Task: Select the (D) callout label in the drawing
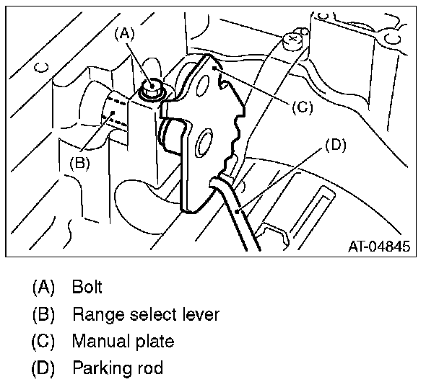click(336, 144)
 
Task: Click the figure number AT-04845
click(379, 246)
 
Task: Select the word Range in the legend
click(92, 314)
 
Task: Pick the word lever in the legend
click(200, 314)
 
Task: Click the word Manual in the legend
click(96, 341)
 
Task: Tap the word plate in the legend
click(154, 341)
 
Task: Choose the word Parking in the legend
click(97, 368)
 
